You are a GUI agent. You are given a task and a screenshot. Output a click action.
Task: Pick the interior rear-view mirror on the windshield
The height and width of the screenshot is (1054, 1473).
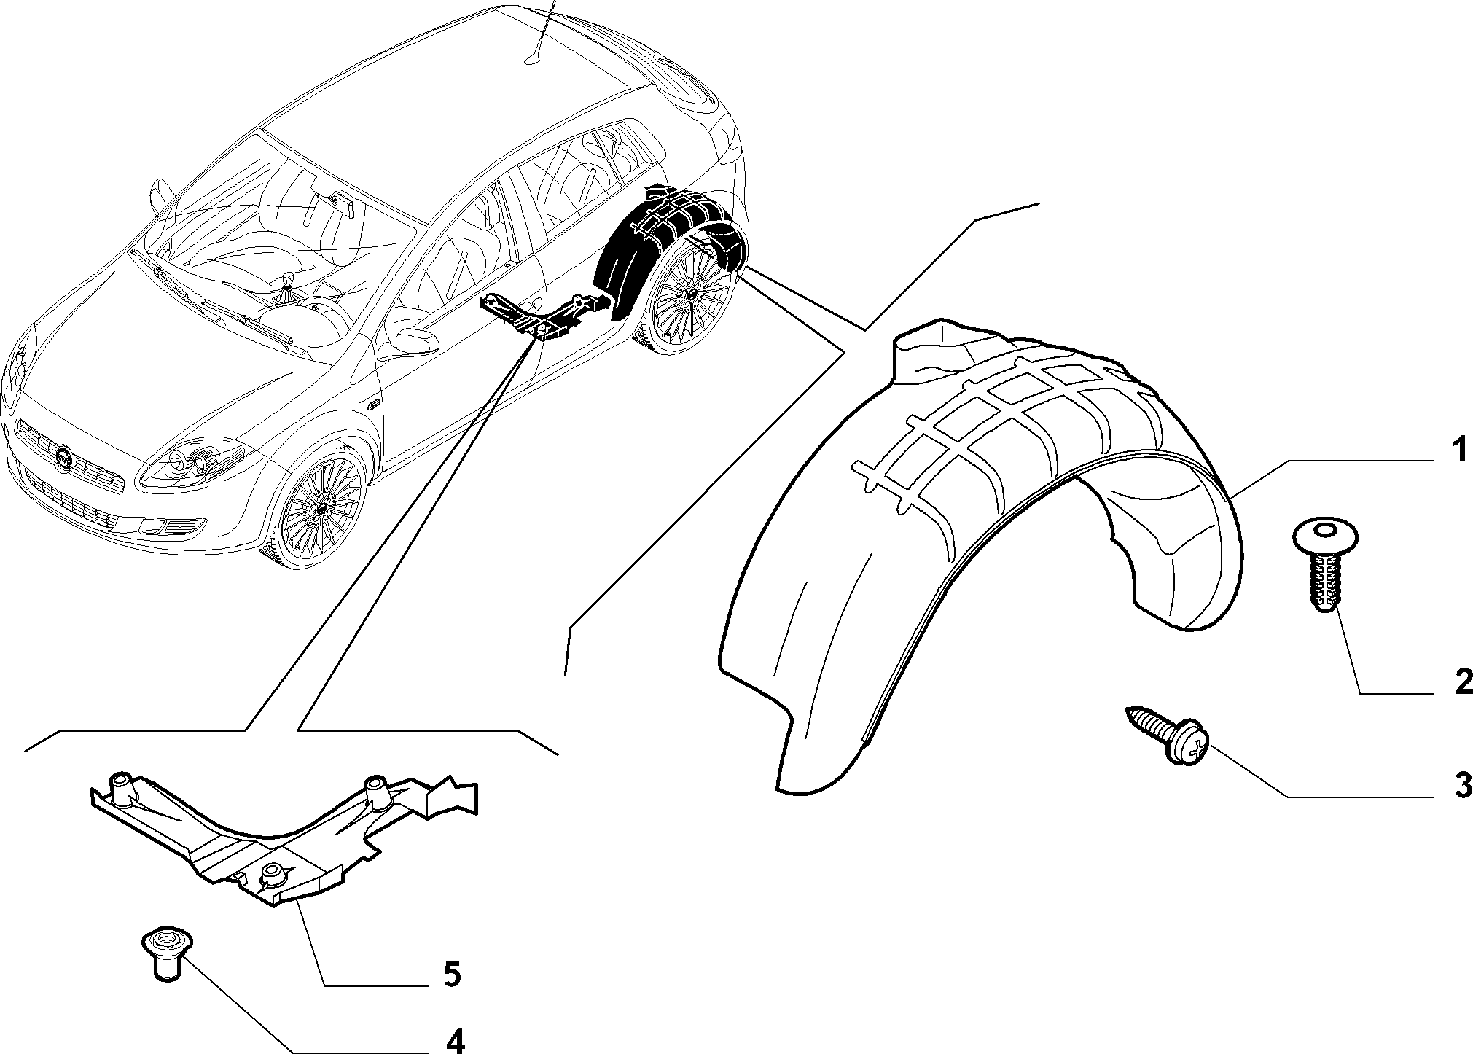click(x=342, y=203)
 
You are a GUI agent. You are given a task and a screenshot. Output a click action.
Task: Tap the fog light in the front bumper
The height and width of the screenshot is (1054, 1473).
click(x=175, y=526)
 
